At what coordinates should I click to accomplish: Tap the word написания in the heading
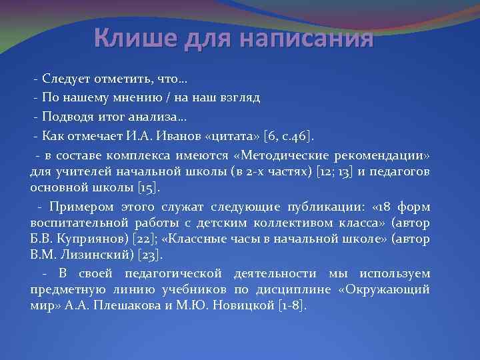[x=306, y=39]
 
